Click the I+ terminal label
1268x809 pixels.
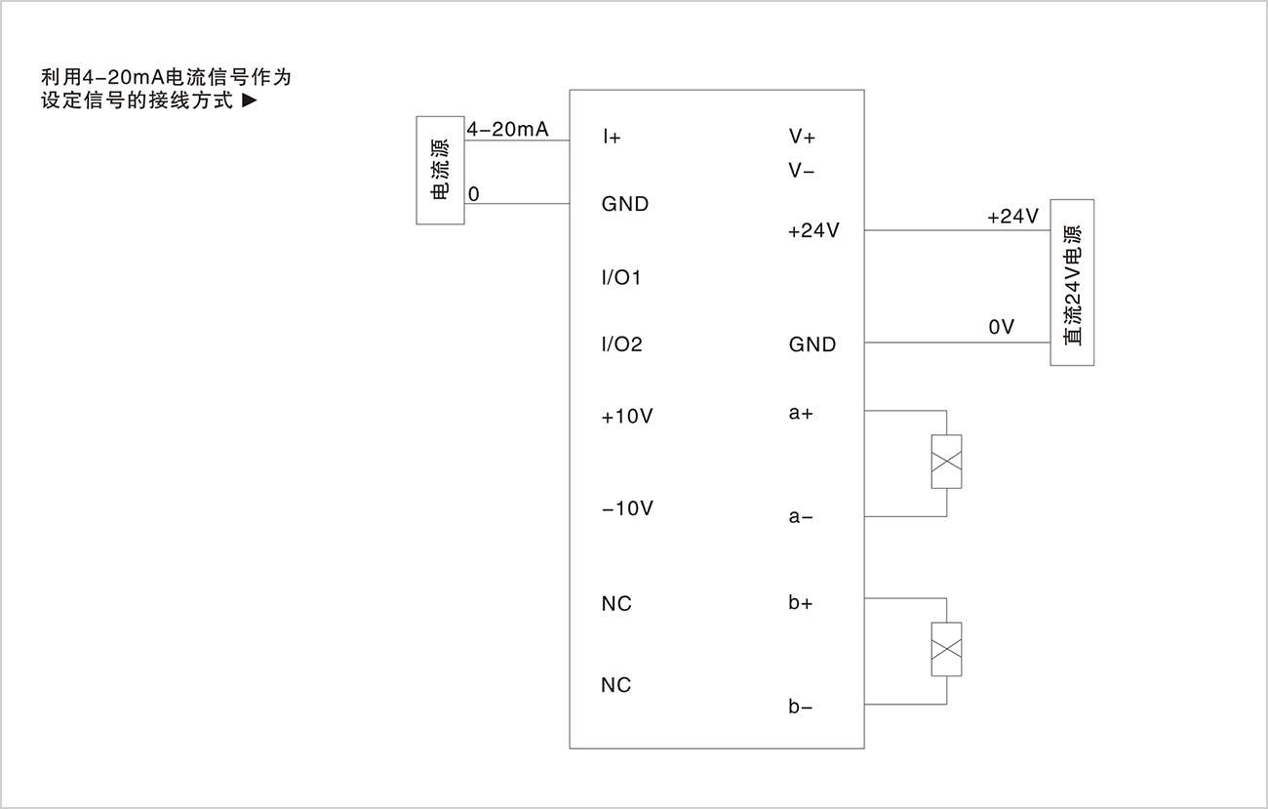(612, 137)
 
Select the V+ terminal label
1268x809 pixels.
(802, 137)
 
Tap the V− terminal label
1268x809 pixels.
(801, 170)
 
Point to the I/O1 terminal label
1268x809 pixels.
(621, 277)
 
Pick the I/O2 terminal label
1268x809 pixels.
(621, 344)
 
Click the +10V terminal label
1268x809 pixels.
(627, 417)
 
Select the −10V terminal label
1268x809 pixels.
(627, 508)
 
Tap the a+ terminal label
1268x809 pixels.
(801, 413)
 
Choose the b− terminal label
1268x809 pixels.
(801, 707)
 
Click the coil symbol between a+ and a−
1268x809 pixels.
(946, 462)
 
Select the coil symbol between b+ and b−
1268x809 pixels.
(946, 649)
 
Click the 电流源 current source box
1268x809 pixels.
(441, 171)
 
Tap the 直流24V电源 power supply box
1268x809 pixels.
(1072, 283)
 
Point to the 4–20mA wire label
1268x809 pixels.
(508, 129)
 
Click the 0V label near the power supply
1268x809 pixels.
(1002, 327)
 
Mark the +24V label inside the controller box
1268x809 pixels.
(813, 230)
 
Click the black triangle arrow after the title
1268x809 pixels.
(250, 101)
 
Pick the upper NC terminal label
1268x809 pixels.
(616, 604)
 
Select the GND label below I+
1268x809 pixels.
(625, 204)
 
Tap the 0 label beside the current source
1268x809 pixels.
(474, 194)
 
